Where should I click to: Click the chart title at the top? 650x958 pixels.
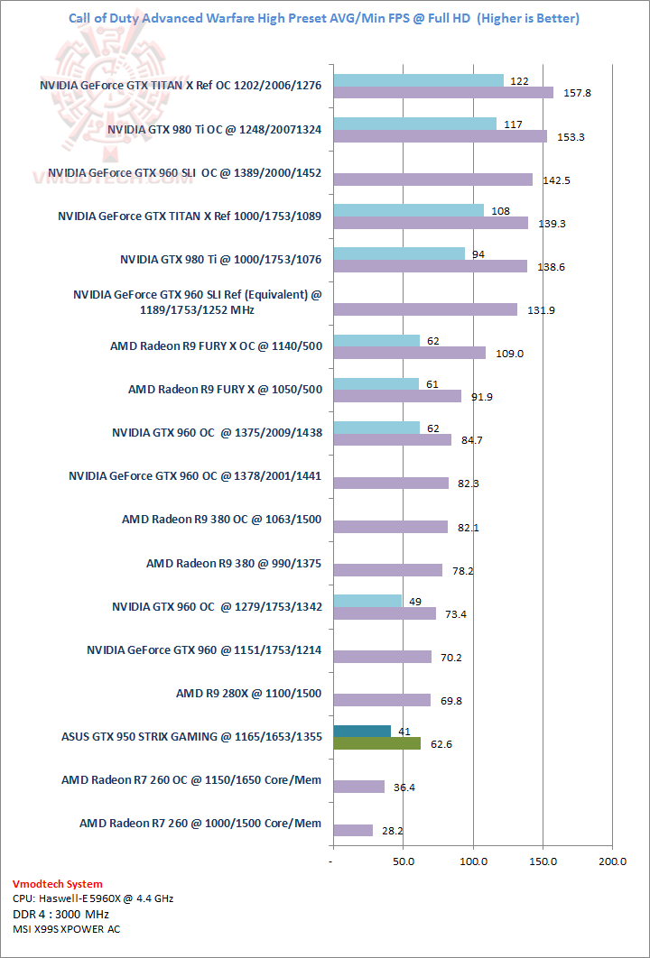pyautogui.click(x=324, y=18)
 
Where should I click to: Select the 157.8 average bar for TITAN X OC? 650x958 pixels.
pyautogui.click(x=442, y=92)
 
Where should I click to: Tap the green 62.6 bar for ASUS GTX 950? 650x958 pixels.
pyautogui.click(x=376, y=743)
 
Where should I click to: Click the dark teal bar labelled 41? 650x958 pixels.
pyautogui.click(x=362, y=731)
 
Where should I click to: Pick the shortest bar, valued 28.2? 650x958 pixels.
pyautogui.click(x=353, y=830)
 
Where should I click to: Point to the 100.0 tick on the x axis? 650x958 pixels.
pyautogui.click(x=473, y=861)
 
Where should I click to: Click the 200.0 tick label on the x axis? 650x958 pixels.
pyautogui.click(x=612, y=861)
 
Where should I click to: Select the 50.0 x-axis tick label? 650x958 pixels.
pyautogui.click(x=404, y=861)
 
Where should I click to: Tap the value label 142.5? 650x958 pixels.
pyautogui.click(x=556, y=180)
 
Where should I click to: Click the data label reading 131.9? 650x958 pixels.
pyautogui.click(x=540, y=309)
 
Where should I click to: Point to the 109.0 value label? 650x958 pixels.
pyautogui.click(x=508, y=353)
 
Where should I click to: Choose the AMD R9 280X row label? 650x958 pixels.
pyautogui.click(x=249, y=694)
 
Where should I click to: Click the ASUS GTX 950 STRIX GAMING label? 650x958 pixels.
pyautogui.click(x=191, y=737)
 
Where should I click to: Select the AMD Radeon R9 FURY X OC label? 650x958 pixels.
pyautogui.click(x=216, y=345)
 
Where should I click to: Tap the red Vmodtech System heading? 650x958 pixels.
pyautogui.click(x=58, y=884)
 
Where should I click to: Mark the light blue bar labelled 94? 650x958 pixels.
pyautogui.click(x=399, y=253)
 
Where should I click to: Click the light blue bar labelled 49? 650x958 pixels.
pyautogui.click(x=367, y=601)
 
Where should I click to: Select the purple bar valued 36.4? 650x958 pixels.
pyautogui.click(x=358, y=787)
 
